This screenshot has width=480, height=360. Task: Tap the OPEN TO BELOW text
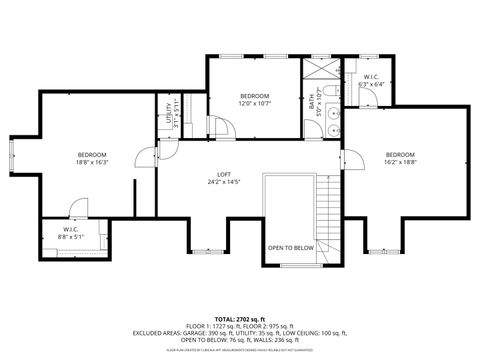coord(290,247)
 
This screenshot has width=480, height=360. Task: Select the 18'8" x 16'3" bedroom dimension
coord(92,161)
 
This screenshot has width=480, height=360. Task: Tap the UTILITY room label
coord(168,112)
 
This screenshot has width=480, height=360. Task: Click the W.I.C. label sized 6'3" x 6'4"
coord(370,77)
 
